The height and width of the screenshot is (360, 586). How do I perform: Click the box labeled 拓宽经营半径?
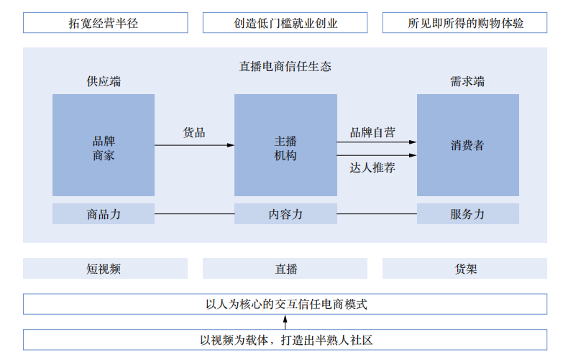point(105,23)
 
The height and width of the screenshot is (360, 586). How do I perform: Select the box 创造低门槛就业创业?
point(285,23)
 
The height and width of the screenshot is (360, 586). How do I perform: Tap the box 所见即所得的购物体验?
point(464,23)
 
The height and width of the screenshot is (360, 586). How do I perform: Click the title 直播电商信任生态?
point(285,66)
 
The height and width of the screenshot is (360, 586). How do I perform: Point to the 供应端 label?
point(104,82)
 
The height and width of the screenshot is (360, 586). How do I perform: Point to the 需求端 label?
point(467,82)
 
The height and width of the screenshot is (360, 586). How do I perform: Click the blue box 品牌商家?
point(104,145)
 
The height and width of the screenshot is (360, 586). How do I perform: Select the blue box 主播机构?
point(285,145)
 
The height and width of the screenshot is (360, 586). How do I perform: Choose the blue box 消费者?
point(467,145)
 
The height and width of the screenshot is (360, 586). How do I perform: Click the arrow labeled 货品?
point(194,145)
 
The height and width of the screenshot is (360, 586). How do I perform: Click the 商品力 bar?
point(104,214)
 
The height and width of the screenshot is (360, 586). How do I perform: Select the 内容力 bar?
point(285,214)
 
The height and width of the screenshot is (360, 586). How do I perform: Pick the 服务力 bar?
point(467,214)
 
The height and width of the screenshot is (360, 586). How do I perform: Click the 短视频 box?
point(105,269)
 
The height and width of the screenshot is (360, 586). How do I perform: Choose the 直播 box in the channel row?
point(285,269)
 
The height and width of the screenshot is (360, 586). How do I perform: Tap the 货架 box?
point(464,269)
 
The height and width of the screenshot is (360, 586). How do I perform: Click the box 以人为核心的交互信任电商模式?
point(285,304)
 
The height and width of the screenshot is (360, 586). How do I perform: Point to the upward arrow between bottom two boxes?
point(285,322)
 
